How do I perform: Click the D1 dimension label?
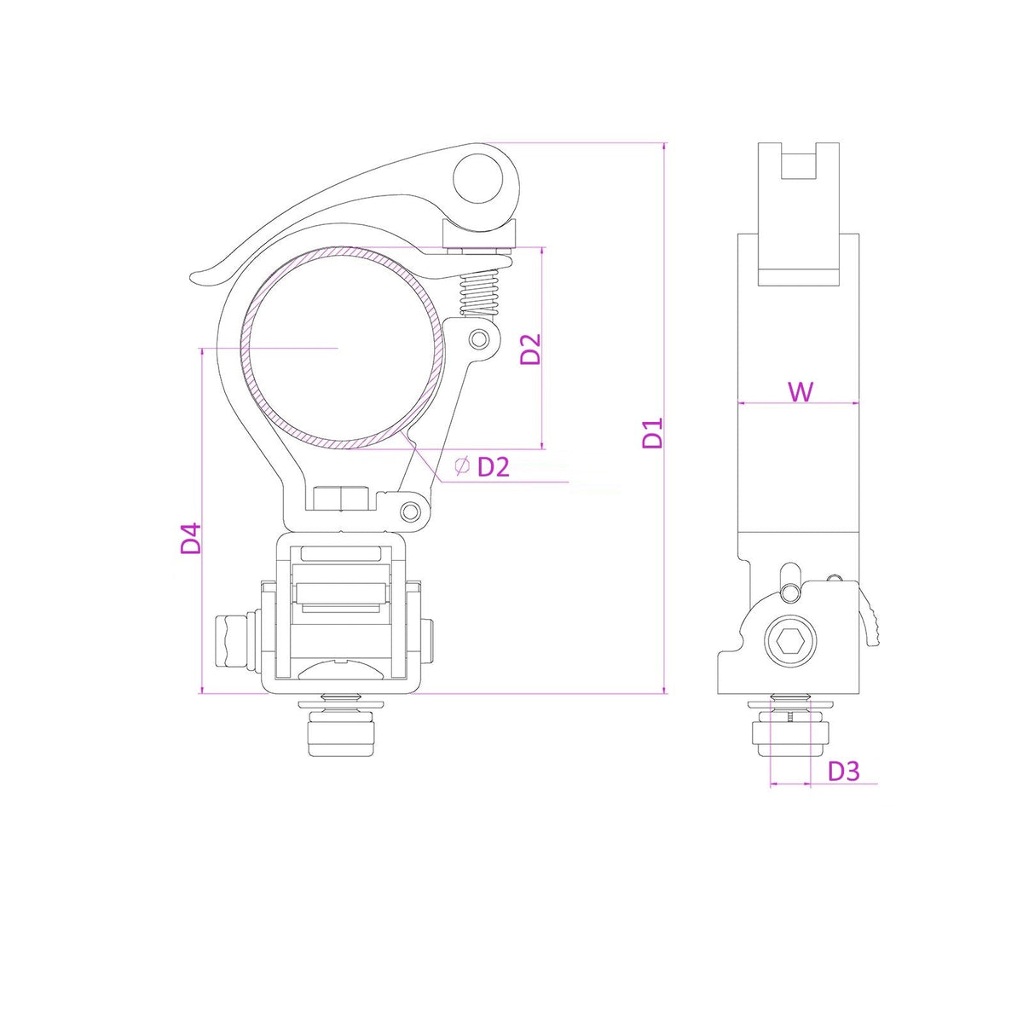tap(653, 433)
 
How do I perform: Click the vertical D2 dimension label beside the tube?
tap(530, 349)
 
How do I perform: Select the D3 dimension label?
tap(844, 771)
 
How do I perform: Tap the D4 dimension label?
tap(191, 538)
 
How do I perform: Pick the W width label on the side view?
tap(800, 391)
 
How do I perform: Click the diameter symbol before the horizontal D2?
tap(461, 465)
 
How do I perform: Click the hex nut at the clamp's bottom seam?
tap(340, 497)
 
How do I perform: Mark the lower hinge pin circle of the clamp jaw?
tap(412, 511)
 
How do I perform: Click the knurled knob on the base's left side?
tap(230, 641)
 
